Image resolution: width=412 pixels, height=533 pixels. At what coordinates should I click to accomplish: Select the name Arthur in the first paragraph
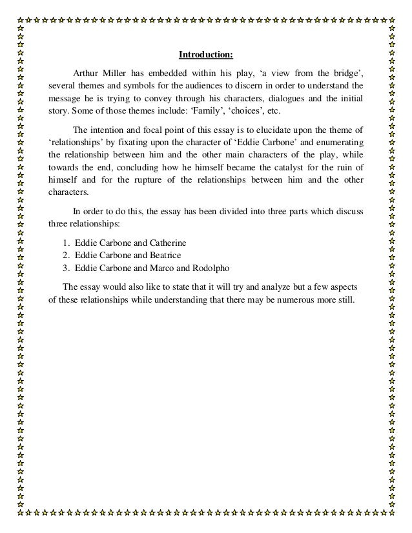(87, 71)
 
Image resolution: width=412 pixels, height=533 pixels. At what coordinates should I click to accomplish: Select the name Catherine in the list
(163, 243)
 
